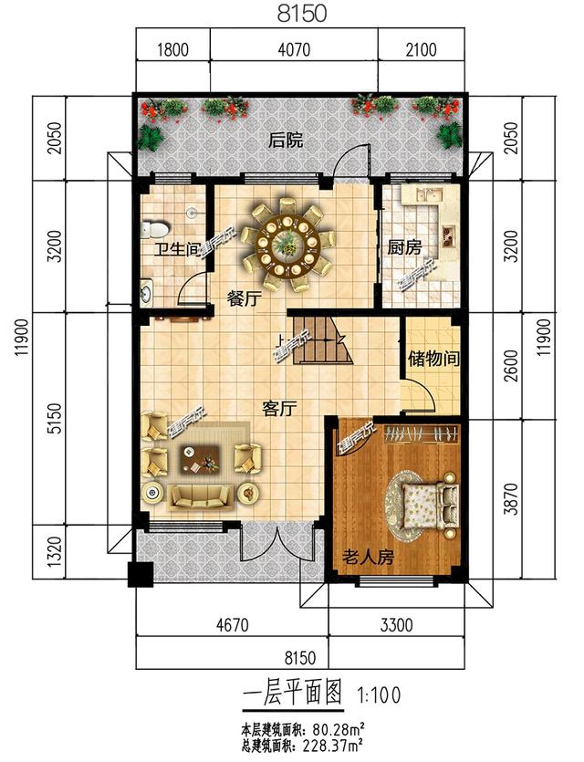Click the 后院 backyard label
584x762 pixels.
click(x=286, y=141)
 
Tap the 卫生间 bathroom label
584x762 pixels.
click(x=175, y=249)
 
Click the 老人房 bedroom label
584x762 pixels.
click(x=368, y=557)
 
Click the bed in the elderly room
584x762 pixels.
click(x=426, y=504)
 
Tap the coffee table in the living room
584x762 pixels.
click(x=199, y=459)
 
